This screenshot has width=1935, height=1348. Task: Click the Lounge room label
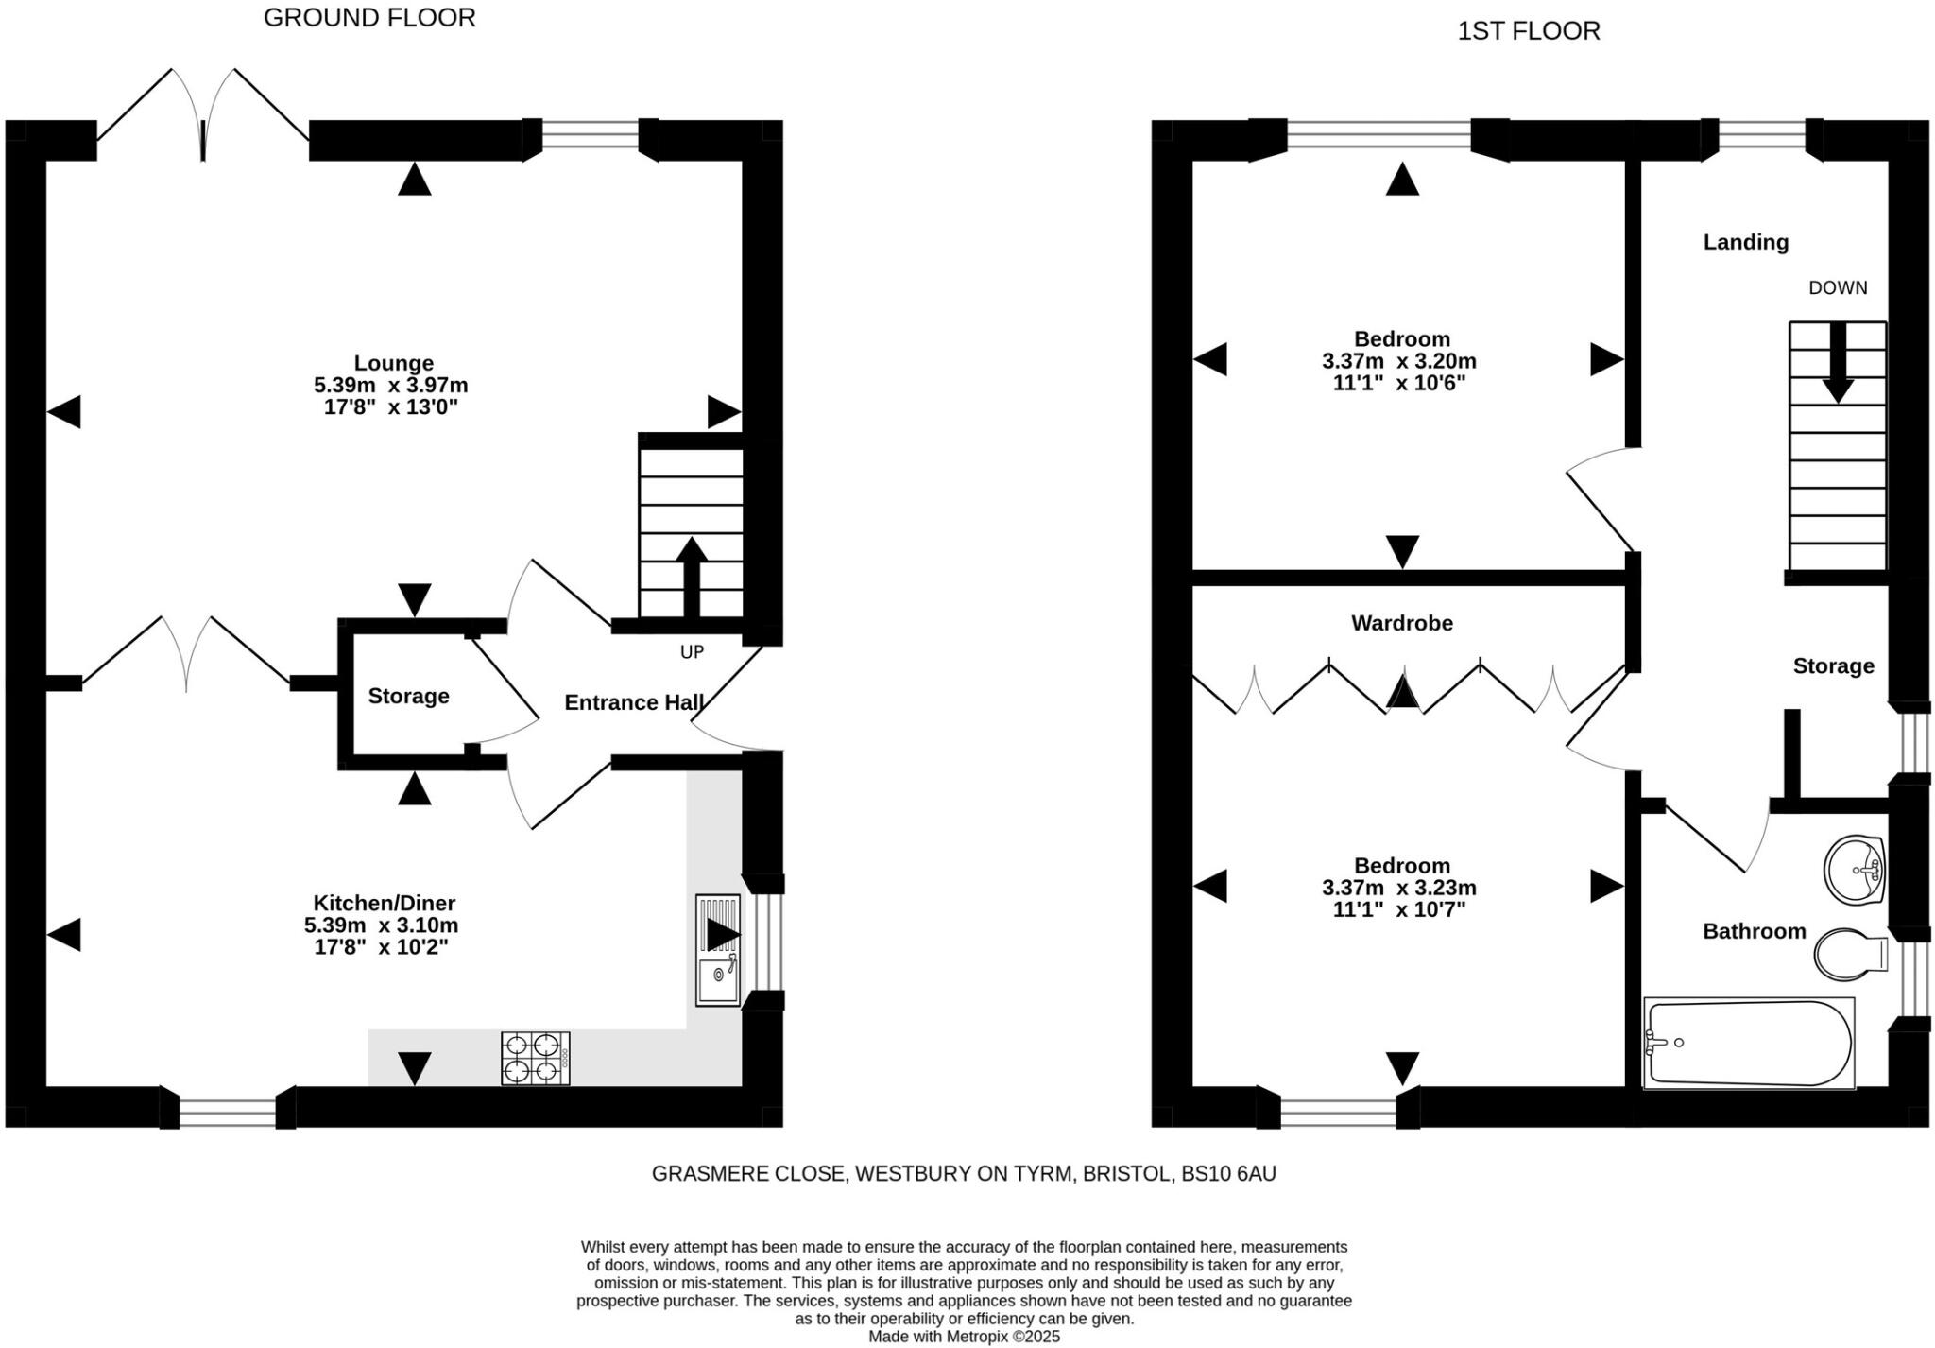[393, 363]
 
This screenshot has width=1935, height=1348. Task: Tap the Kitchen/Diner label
[384, 903]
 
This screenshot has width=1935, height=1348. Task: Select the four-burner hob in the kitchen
[535, 1058]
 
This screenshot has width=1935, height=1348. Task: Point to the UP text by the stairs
[692, 652]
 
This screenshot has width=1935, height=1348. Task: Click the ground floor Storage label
[408, 697]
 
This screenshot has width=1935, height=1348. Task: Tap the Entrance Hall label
[633, 702]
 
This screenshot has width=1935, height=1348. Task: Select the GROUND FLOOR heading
[369, 18]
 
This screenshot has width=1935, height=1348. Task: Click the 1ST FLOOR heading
[1528, 31]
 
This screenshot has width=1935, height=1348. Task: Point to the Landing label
[1745, 242]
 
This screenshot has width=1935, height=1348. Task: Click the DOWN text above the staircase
[1837, 288]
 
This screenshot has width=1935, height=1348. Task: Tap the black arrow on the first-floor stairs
[1837, 364]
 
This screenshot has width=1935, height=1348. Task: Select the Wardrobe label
[1401, 623]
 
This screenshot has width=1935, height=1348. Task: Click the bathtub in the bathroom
[1748, 1043]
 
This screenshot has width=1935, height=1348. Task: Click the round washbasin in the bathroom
[1854, 869]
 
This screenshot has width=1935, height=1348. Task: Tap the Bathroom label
[1754, 931]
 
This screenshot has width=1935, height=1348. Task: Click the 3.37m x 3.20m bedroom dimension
[1398, 361]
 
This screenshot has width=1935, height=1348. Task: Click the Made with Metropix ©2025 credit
[964, 1337]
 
